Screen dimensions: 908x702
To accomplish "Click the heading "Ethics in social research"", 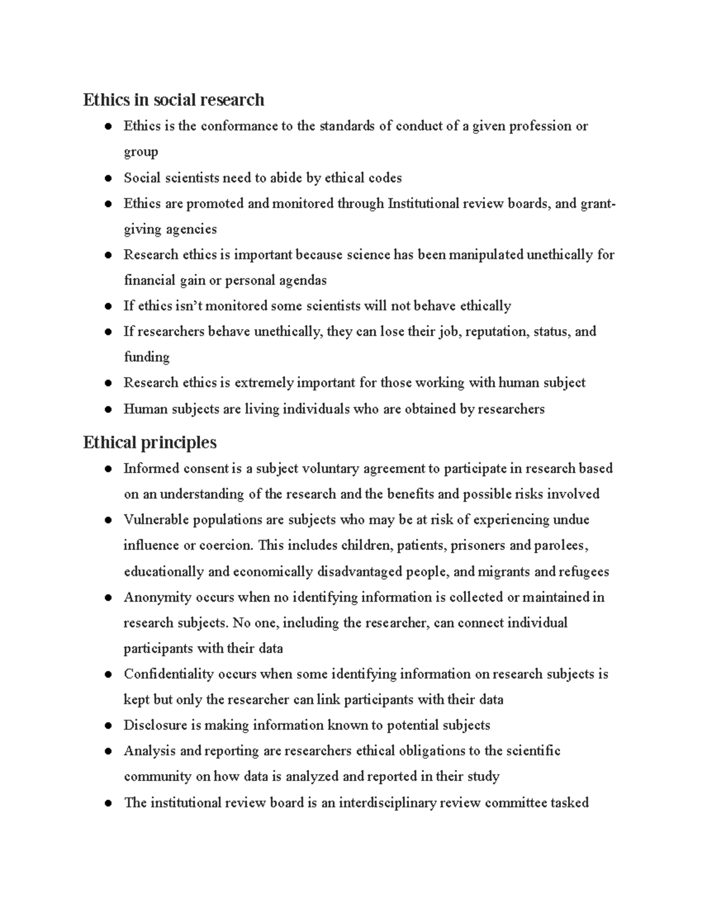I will coord(173,100).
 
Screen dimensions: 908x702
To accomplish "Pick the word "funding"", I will coord(146,357).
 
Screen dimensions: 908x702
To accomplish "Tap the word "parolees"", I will coord(559,546).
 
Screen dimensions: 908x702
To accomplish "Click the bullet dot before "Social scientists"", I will coord(108,178).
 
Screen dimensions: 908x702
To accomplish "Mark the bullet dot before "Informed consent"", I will coord(108,469).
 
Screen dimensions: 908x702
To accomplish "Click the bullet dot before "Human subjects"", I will coord(108,409).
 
